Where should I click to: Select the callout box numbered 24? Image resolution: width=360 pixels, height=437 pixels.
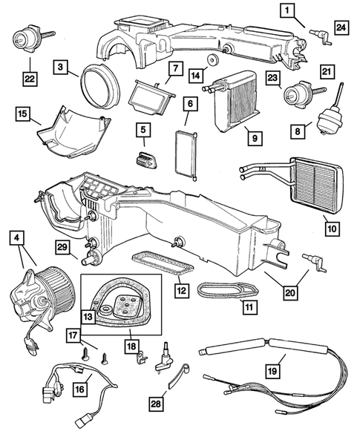click(341, 27)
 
